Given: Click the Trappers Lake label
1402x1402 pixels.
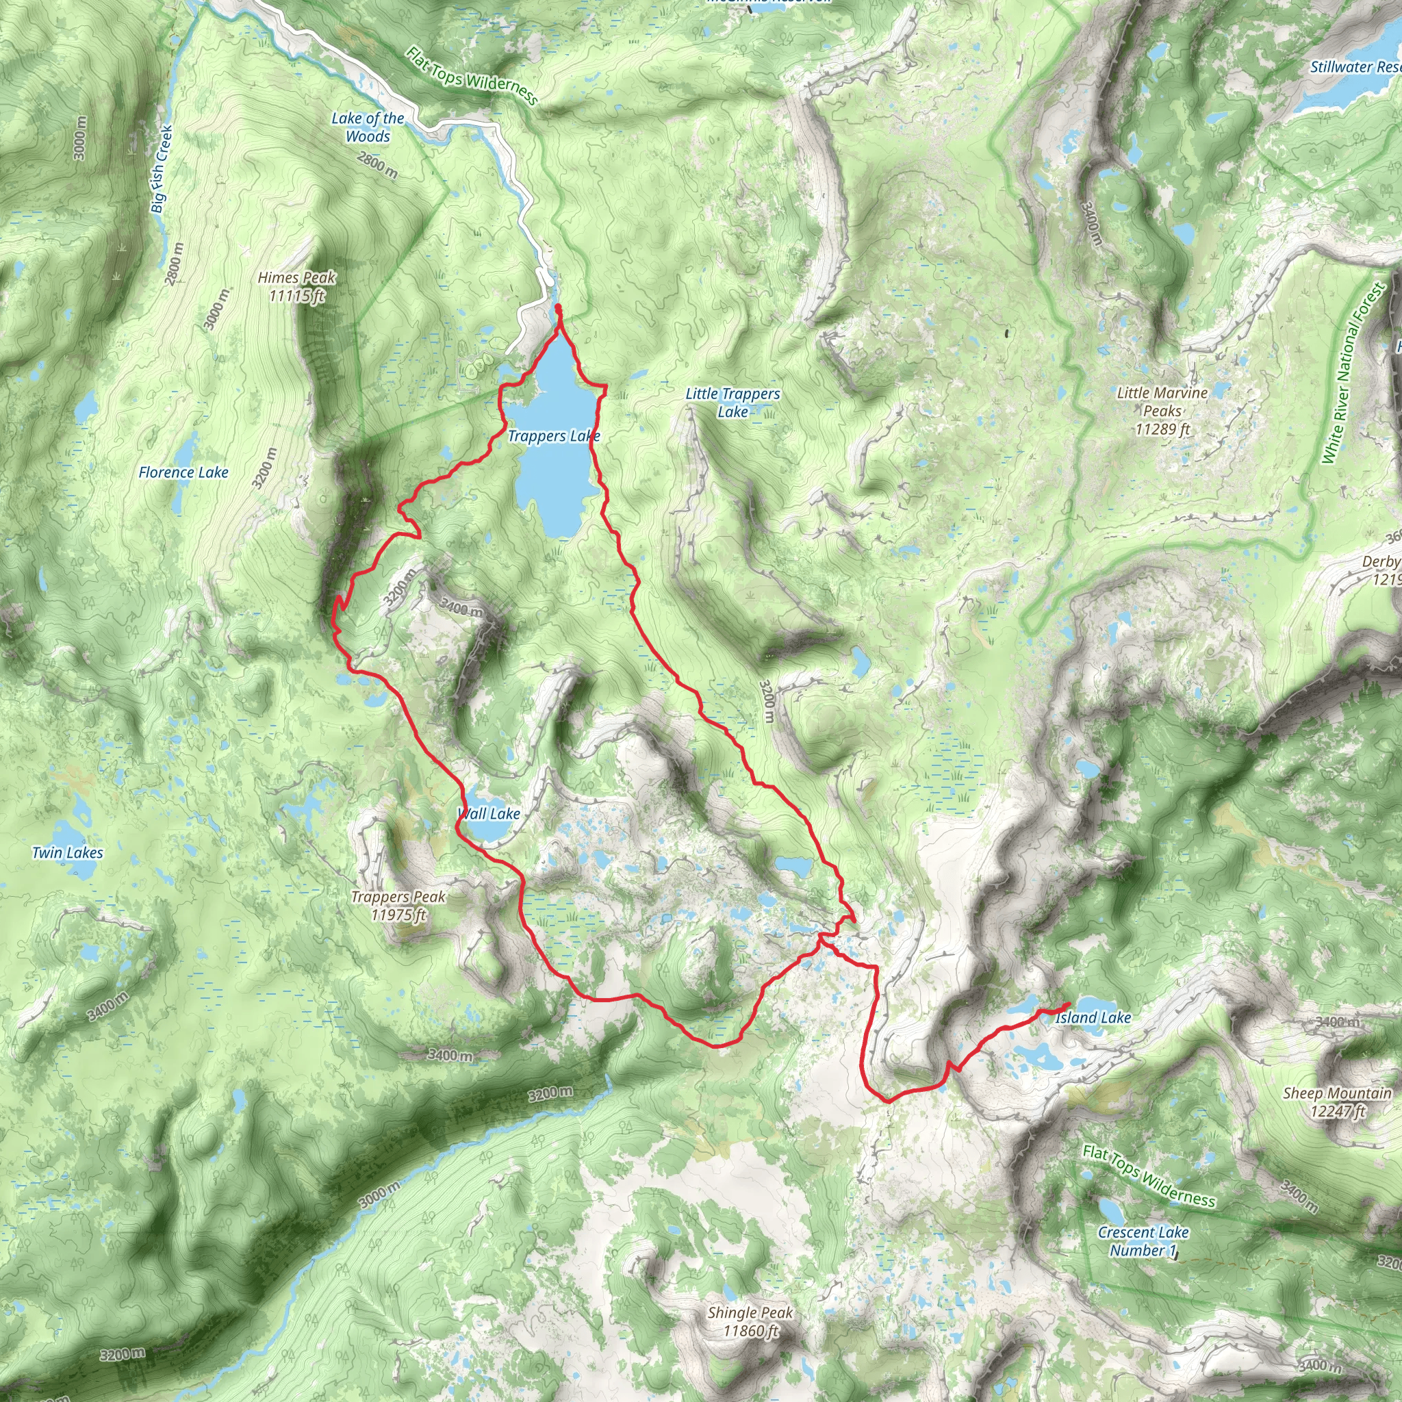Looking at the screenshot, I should [x=554, y=436].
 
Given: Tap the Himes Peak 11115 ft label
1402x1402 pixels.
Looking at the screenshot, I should [x=297, y=287].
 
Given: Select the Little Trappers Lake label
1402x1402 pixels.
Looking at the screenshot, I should [x=733, y=403].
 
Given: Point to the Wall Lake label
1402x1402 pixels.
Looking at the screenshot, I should [x=488, y=813].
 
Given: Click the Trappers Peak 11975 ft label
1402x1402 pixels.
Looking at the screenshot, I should [x=398, y=906].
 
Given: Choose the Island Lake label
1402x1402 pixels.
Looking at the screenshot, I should [x=1093, y=1018].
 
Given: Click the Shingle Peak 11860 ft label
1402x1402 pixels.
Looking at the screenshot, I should [x=750, y=1321].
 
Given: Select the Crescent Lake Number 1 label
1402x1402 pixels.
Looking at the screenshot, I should [x=1143, y=1241].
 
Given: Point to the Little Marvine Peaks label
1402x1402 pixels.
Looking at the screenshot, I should [x=1162, y=411].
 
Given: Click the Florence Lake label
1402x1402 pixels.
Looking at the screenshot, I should [x=183, y=472].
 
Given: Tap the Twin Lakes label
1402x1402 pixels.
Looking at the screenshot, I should [x=68, y=853].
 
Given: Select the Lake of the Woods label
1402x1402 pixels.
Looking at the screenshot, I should [x=368, y=127].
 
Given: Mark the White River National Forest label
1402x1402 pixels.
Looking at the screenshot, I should [x=1353, y=374].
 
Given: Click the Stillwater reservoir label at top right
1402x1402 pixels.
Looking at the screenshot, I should [x=1354, y=67].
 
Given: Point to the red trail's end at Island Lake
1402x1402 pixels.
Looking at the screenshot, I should [x=1068, y=1004].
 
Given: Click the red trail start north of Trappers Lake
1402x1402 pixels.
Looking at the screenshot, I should [x=558, y=309].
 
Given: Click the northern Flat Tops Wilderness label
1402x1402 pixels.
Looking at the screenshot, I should [x=472, y=76].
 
